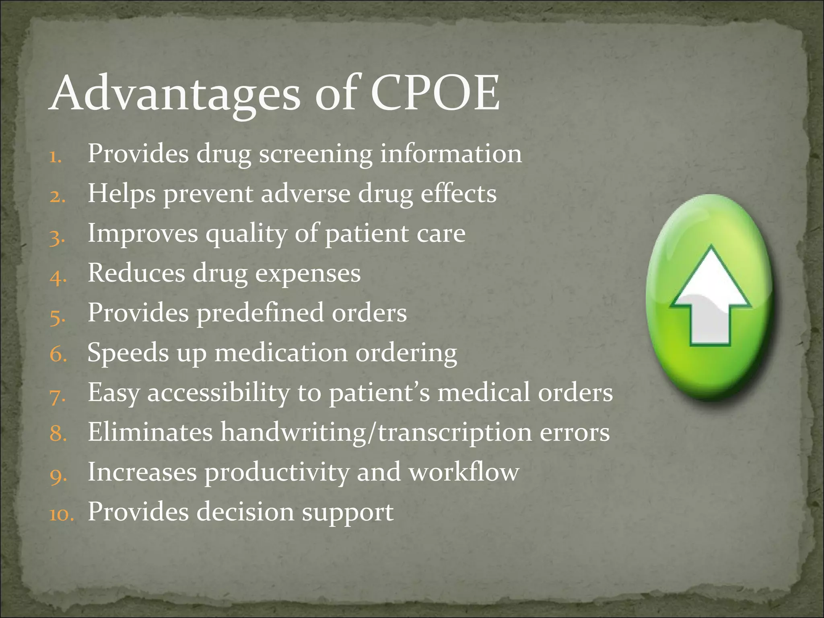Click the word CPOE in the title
pyautogui.click(x=435, y=93)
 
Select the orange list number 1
pyautogui.click(x=55, y=157)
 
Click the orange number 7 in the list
pyautogui.click(x=58, y=396)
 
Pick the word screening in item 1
pyautogui.click(x=316, y=154)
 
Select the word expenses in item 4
pyautogui.click(x=308, y=274)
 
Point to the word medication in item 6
pyautogui.click(x=281, y=353)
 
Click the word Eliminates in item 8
pyautogui.click(x=150, y=432)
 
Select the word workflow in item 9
pyautogui.click(x=464, y=472)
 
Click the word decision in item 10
pyautogui.click(x=245, y=511)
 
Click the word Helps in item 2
pyautogui.click(x=122, y=194)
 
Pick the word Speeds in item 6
pyautogui.click(x=128, y=353)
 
